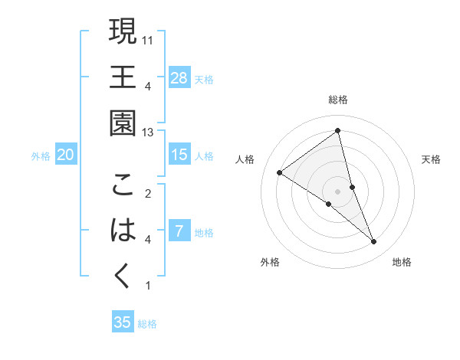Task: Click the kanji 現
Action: [x=123, y=32]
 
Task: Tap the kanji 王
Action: [x=123, y=77]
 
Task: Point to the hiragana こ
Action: [x=123, y=185]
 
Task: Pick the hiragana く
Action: [x=123, y=275]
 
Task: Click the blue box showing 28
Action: [x=179, y=77]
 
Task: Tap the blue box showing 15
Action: [x=179, y=155]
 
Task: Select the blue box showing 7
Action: [x=179, y=231]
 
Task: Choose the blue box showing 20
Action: [x=65, y=155]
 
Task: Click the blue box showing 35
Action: [x=123, y=322]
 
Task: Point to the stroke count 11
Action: [x=149, y=40]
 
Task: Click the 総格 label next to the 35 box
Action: [x=147, y=324]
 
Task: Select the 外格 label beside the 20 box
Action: [x=41, y=156]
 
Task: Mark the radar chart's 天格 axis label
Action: [x=432, y=159]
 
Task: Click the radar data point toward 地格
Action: [x=374, y=242]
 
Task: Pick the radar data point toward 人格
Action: [x=280, y=172]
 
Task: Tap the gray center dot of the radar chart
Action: [x=338, y=190]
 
